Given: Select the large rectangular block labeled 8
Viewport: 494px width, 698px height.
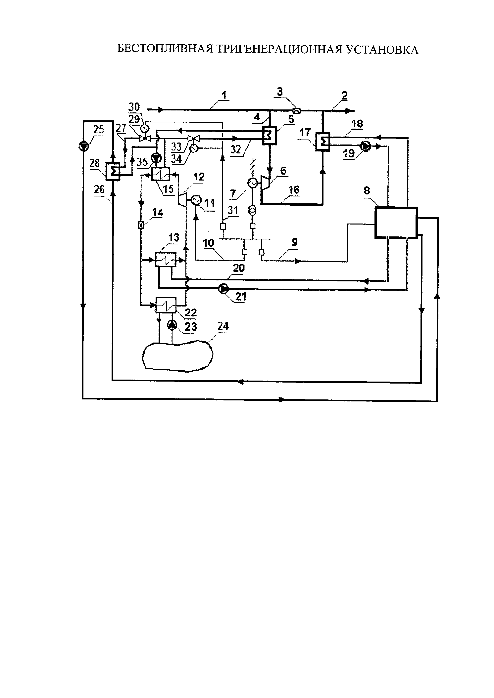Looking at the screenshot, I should point(396,223).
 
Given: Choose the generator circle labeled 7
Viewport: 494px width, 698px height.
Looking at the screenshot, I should point(252,183).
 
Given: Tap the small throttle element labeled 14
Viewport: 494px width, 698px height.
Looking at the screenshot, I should point(141,225).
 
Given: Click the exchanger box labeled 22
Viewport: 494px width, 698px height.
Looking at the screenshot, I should point(166,305).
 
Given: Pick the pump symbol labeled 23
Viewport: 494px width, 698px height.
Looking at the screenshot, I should point(172,325).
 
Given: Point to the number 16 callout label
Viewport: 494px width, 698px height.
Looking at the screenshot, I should point(294,190).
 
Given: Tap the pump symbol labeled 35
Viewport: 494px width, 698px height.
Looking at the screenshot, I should point(157,158).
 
